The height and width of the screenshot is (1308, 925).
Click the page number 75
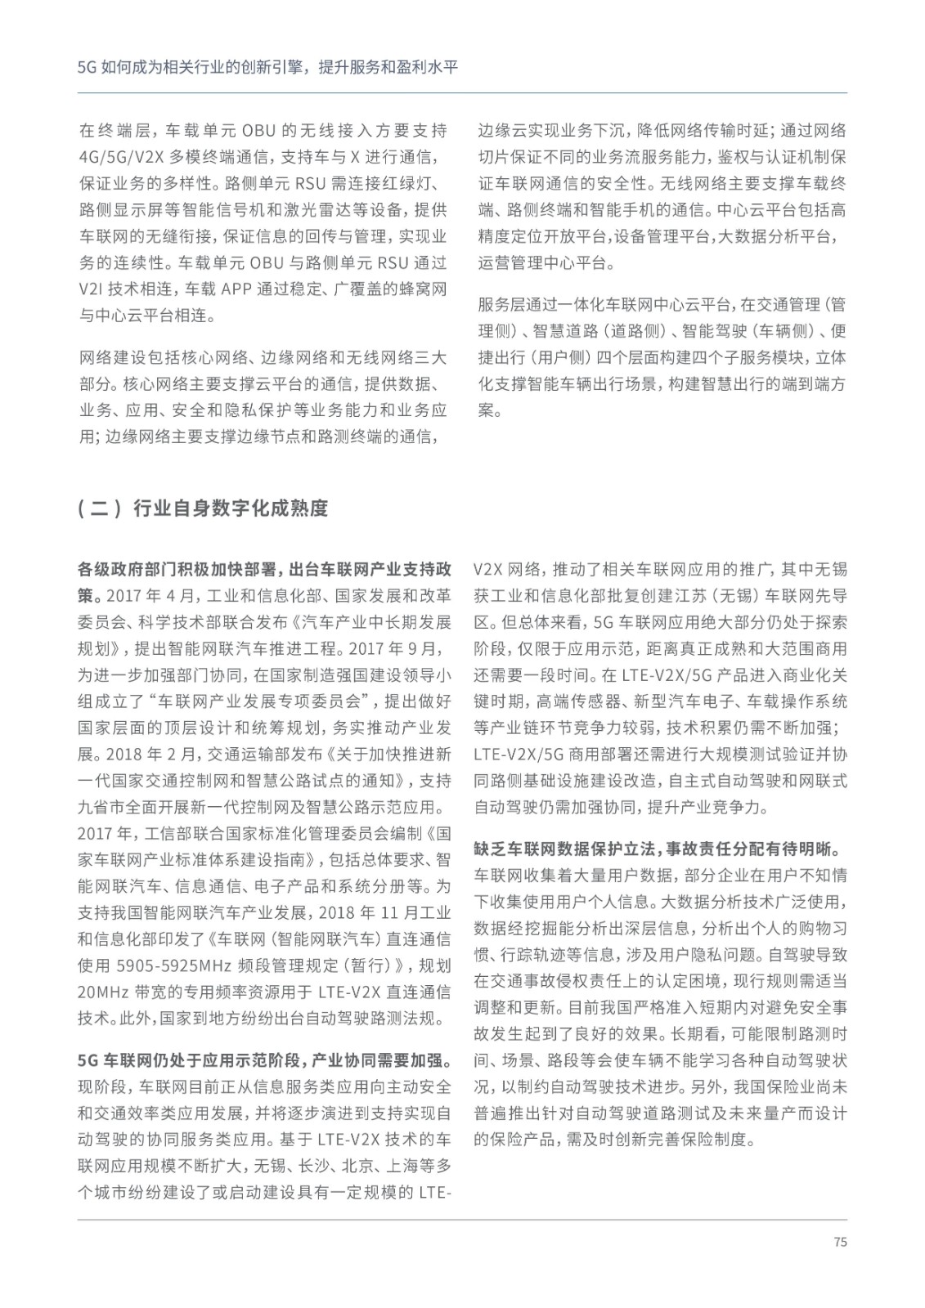(840, 1242)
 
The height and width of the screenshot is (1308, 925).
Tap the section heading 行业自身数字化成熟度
(230, 508)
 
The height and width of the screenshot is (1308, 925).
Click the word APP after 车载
(246, 289)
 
